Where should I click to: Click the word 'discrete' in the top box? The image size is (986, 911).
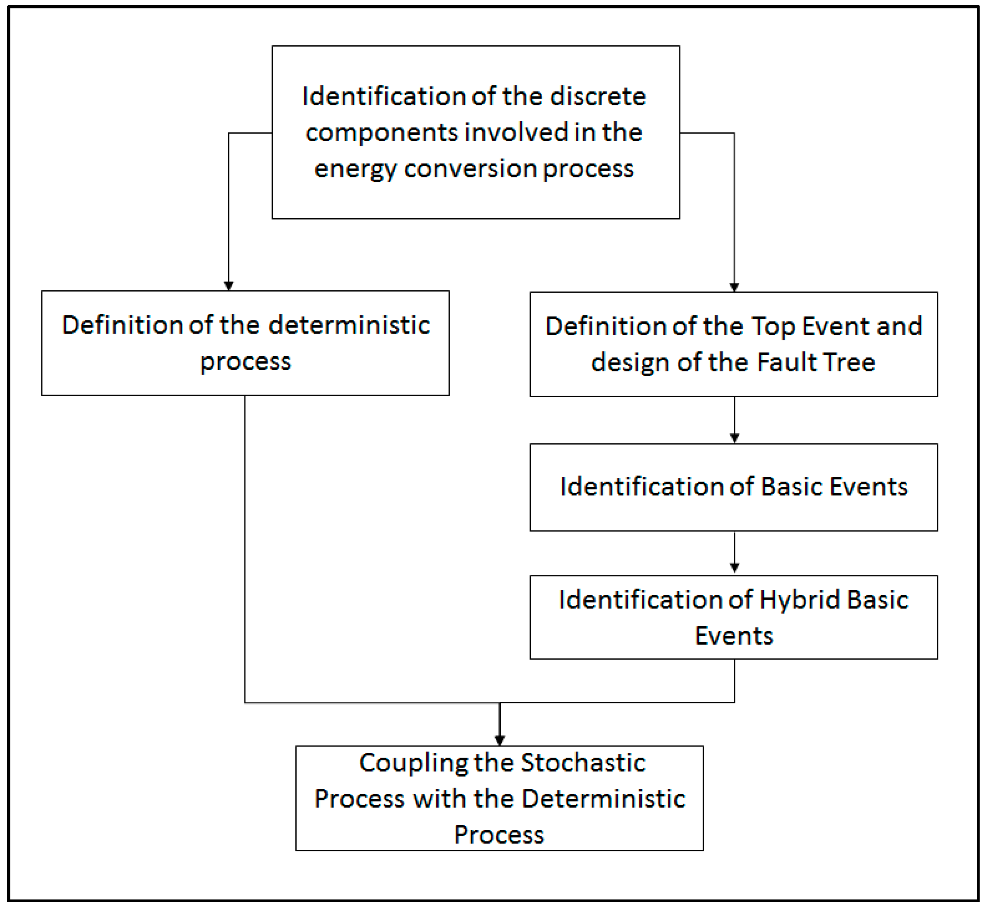click(598, 96)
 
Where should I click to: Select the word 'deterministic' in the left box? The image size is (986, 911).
click(349, 325)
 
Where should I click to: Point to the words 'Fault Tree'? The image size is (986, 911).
click(816, 362)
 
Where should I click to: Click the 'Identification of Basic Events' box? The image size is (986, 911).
click(734, 487)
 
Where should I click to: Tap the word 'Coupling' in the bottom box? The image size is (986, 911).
click(413, 763)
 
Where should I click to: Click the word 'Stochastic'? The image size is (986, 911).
click(583, 763)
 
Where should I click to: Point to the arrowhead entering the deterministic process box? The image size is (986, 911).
click(229, 286)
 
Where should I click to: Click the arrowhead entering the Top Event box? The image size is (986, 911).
click(734, 287)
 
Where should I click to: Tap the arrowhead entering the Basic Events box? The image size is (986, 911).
click(734, 438)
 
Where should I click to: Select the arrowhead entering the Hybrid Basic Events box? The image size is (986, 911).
click(734, 568)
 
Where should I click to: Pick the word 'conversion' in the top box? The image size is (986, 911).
click(470, 169)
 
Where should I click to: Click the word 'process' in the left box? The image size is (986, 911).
click(246, 362)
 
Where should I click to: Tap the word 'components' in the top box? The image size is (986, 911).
click(382, 133)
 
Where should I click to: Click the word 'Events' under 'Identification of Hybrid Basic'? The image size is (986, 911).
click(734, 636)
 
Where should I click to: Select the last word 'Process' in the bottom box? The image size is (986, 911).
click(499, 835)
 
